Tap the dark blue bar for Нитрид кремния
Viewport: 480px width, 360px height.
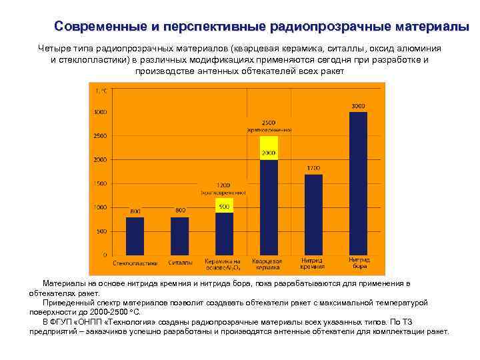[313, 215]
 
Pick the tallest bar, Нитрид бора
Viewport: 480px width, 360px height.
[359, 183]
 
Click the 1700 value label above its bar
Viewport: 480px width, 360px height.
[313, 168]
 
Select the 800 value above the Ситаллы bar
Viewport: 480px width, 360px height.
[180, 211]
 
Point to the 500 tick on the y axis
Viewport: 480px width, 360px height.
[101, 231]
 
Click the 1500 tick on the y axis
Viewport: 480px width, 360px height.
[100, 183]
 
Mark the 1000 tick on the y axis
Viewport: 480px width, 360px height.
[100, 207]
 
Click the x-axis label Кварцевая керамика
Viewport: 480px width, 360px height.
[268, 263]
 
